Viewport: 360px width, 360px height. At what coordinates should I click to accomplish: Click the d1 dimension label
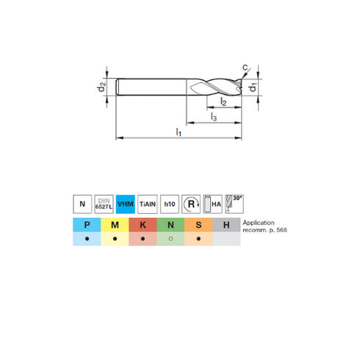(x=252, y=88)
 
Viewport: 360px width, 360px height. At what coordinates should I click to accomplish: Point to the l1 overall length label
(x=179, y=132)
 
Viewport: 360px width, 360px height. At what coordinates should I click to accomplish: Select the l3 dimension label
(x=213, y=115)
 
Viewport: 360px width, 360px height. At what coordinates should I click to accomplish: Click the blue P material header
(x=87, y=225)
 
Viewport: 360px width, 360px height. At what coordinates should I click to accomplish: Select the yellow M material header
(x=115, y=225)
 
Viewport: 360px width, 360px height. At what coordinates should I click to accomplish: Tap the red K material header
(x=143, y=225)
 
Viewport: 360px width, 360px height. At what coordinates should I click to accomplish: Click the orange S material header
(x=198, y=225)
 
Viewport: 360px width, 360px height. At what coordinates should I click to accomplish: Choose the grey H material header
(x=226, y=225)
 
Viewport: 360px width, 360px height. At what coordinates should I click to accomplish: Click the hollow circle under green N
(x=170, y=239)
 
